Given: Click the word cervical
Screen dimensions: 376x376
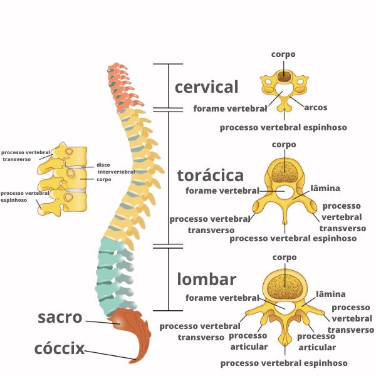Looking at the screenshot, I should coord(206,86).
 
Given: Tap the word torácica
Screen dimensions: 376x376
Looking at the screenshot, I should coord(210,174).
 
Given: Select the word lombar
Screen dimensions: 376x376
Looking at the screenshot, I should coord(206,278).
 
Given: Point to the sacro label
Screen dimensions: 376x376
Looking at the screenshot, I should coord(60,317).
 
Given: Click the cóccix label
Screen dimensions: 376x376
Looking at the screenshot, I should coord(60,348).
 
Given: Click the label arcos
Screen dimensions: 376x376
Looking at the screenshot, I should coord(316,107).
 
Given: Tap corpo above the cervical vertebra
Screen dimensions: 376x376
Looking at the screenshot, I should coord(283,55).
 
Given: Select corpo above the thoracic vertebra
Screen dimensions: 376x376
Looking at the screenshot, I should coord(284,145).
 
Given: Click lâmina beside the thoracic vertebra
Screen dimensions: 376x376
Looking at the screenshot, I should coord(325,188).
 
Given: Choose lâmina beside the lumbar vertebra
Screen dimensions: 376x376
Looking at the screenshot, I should coord(331,294).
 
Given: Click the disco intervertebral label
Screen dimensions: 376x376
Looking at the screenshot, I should coord(116,168).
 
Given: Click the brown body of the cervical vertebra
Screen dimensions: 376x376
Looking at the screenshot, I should coord(285,77).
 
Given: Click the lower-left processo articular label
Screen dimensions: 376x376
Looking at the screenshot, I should coord(249,341).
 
